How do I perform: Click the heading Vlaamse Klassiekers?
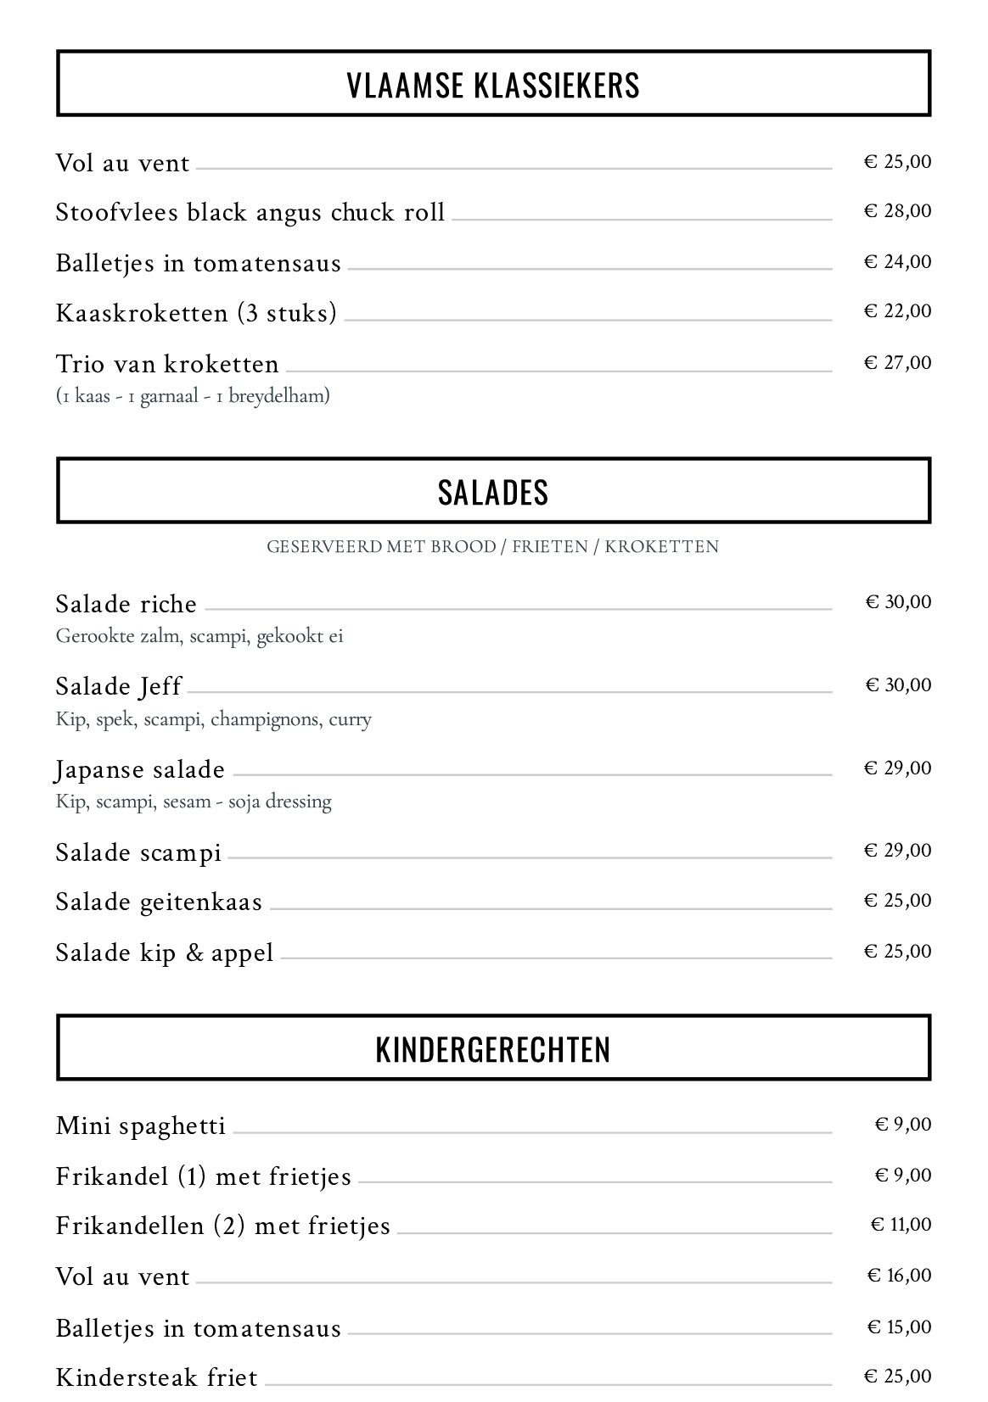493,86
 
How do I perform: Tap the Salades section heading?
493,492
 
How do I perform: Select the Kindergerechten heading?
493,1049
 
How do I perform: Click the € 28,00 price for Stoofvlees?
897,210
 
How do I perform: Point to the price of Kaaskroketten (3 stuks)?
897,311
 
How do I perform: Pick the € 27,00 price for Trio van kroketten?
897,363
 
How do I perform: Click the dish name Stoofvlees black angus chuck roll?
250,212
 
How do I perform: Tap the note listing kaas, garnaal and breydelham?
193,395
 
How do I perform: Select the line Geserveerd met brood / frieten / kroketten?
493,546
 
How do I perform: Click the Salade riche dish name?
126,604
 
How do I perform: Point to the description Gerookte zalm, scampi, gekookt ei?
199,636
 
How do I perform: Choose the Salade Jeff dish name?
119,685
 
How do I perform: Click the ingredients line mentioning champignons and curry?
214,719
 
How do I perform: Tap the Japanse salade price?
897,768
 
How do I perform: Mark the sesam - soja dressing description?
194,802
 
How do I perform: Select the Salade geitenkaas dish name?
159,902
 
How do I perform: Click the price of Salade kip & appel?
897,951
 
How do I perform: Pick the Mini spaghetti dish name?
141,1126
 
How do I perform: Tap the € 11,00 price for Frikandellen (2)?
901,1225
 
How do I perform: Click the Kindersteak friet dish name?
156,1377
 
